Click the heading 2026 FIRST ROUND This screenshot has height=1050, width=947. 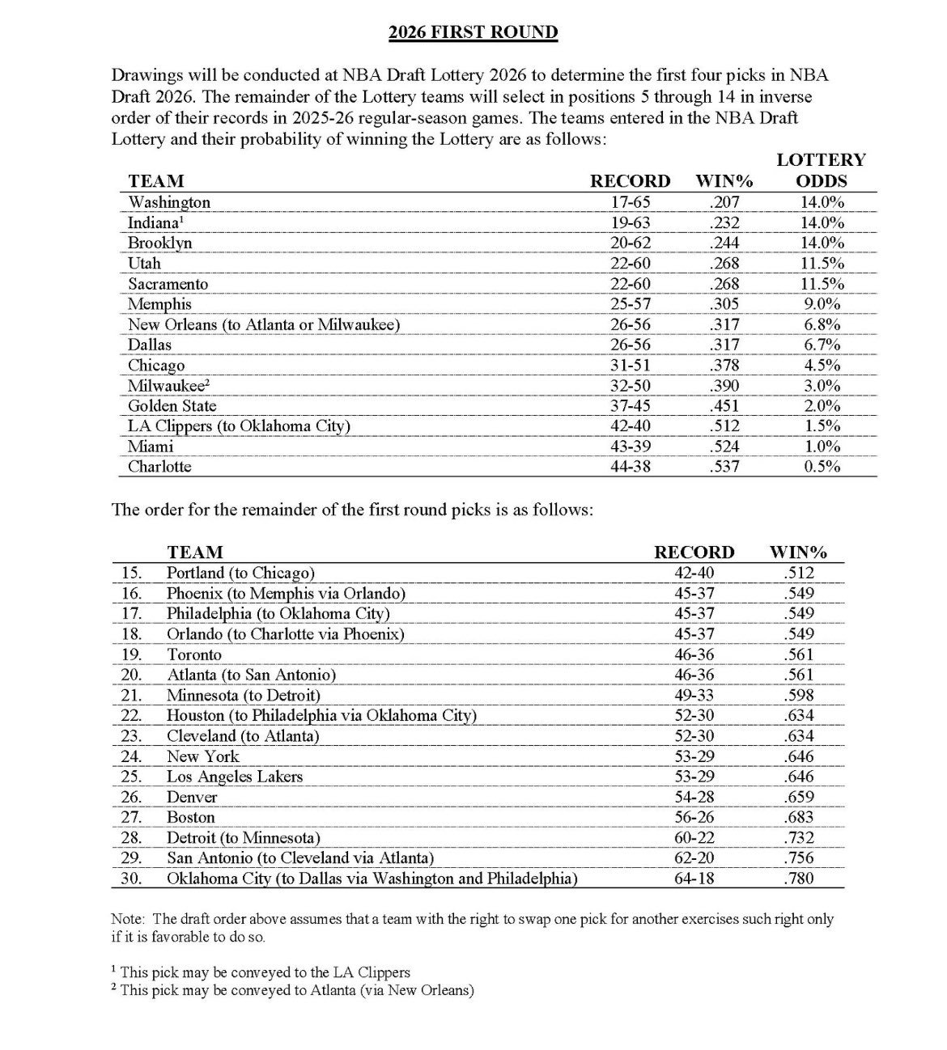coord(473,32)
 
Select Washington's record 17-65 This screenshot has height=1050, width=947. coord(631,202)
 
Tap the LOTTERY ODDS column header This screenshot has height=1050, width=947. coord(821,170)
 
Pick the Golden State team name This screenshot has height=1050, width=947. coord(172,406)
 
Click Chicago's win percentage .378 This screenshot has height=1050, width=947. coord(724,366)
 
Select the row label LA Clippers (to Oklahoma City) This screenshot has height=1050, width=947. coord(239,426)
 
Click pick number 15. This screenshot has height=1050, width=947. coord(130,573)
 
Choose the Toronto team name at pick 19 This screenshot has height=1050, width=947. coord(194,654)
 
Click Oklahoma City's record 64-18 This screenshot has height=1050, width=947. coord(694,878)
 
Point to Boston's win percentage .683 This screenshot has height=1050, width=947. coord(798,817)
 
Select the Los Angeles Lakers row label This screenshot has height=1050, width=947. coord(235,777)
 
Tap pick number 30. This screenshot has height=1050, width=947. coord(130,878)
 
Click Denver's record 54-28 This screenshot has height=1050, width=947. coord(694,797)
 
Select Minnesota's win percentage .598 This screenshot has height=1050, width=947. coord(798,695)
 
